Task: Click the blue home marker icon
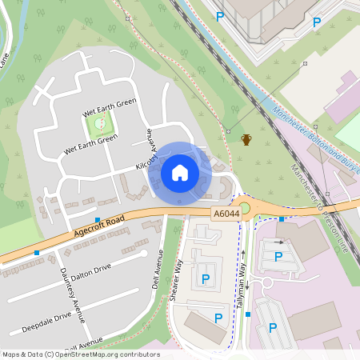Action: pyautogui.click(x=180, y=173)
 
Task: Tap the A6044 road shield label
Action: pyautogui.click(x=225, y=214)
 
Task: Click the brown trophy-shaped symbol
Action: pyautogui.click(x=246, y=140)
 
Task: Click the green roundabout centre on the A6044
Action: pyautogui.click(x=245, y=209)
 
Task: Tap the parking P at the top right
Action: pyautogui.click(x=317, y=22)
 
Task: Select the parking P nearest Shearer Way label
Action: pyautogui.click(x=206, y=278)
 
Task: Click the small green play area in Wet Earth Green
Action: pyautogui.click(x=100, y=123)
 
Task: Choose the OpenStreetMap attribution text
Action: pyautogui.click(x=80, y=354)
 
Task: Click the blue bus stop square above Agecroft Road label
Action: pyautogui.click(x=98, y=219)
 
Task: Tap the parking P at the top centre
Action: pyautogui.click(x=219, y=15)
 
